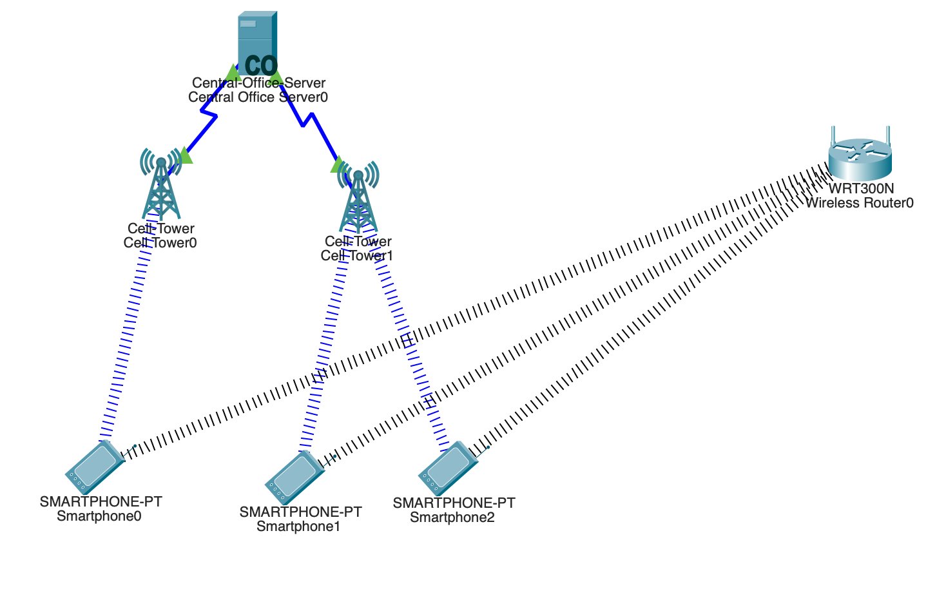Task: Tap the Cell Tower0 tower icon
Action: pos(161,186)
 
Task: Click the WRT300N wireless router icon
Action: pos(860,158)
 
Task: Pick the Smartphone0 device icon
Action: pos(94,467)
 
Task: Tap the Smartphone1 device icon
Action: pos(294,478)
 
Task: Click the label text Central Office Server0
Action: pos(258,97)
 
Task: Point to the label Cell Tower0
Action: pos(160,243)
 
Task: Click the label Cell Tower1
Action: pos(357,256)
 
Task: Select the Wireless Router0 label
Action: pos(859,203)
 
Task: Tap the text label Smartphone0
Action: pos(99,516)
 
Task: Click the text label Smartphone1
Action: pos(298,526)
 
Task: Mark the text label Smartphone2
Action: pos(452,517)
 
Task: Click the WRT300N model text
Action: pos(861,189)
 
